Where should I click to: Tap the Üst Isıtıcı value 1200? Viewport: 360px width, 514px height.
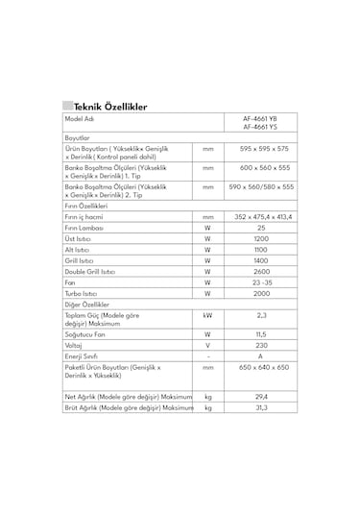(x=260, y=238)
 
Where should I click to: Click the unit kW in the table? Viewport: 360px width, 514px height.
(x=207, y=314)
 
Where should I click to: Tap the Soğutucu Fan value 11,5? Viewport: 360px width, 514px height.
(x=260, y=333)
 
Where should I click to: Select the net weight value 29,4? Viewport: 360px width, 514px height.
(x=260, y=396)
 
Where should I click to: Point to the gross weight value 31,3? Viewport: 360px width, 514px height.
(x=260, y=408)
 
